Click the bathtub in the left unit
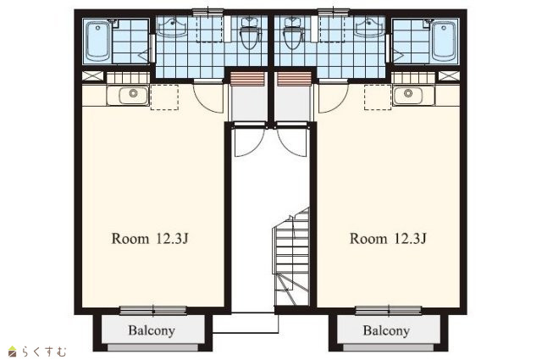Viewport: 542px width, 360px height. coord(98,42)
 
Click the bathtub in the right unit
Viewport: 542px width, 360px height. coord(444,42)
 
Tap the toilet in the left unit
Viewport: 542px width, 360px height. coord(250,34)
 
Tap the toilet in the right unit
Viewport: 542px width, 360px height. coord(293,34)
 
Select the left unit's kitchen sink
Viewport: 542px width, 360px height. coord(133,95)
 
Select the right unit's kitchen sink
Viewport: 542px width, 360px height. coord(408,95)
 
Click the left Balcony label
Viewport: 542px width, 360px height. coord(152,330)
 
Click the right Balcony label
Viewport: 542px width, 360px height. coord(386,330)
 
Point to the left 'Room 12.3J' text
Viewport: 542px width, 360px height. coord(150,239)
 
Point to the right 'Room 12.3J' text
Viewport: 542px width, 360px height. coord(388,239)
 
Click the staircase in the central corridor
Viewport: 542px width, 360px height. coord(291,258)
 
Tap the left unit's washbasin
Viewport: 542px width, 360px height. coord(172,27)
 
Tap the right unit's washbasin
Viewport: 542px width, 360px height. coord(371,27)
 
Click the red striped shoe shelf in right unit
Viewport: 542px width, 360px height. coord(294,79)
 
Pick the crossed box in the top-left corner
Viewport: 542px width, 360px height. coord(92,75)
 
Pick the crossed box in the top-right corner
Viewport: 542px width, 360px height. coord(449,75)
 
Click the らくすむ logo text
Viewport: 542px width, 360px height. coord(44,352)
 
